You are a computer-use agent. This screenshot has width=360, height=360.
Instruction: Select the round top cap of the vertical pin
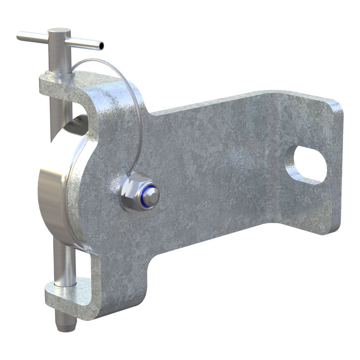[59, 31]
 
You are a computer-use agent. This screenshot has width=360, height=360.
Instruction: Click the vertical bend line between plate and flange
[279, 158]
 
